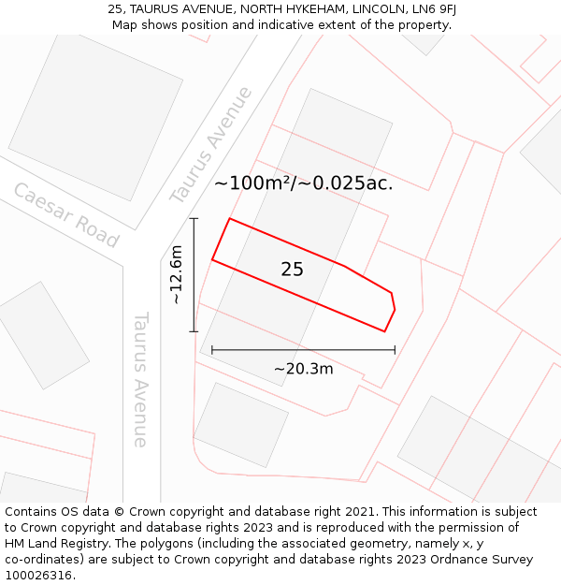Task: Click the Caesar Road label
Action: (x=65, y=215)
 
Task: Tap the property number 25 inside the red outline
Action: (x=292, y=270)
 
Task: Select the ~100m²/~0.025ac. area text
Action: (x=303, y=183)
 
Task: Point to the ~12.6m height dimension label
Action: (x=177, y=274)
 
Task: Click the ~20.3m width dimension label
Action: (x=303, y=369)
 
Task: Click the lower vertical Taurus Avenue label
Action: (x=141, y=379)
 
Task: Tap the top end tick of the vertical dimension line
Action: (x=194, y=218)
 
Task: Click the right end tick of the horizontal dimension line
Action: (x=395, y=350)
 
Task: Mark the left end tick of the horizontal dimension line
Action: (x=212, y=350)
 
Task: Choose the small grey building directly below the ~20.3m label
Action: (x=240, y=424)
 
